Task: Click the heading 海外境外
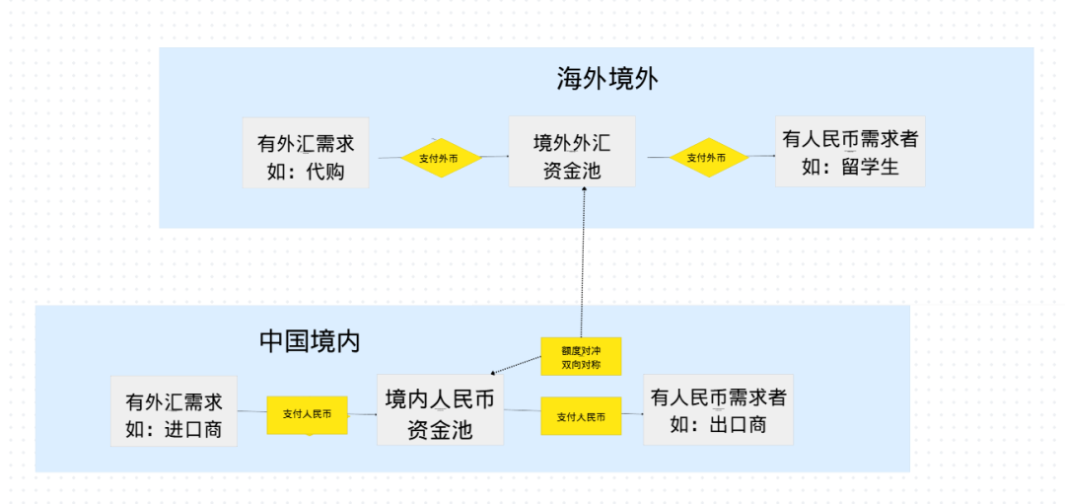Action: (605, 80)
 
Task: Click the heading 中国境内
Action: (310, 341)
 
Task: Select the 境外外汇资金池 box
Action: (572, 152)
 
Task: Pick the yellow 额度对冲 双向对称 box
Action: (581, 356)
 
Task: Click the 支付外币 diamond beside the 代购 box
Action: (439, 158)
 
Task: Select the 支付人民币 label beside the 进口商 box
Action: (307, 415)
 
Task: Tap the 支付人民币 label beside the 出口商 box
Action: (581, 416)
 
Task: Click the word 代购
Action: (326, 170)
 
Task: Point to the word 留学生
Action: (872, 167)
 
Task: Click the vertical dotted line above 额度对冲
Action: (584, 266)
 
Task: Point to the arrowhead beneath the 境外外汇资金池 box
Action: (586, 192)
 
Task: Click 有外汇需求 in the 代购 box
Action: (306, 143)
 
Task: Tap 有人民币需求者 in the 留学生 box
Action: (850, 139)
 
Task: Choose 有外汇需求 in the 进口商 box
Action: (174, 402)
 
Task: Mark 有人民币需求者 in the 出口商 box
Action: (718, 397)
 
